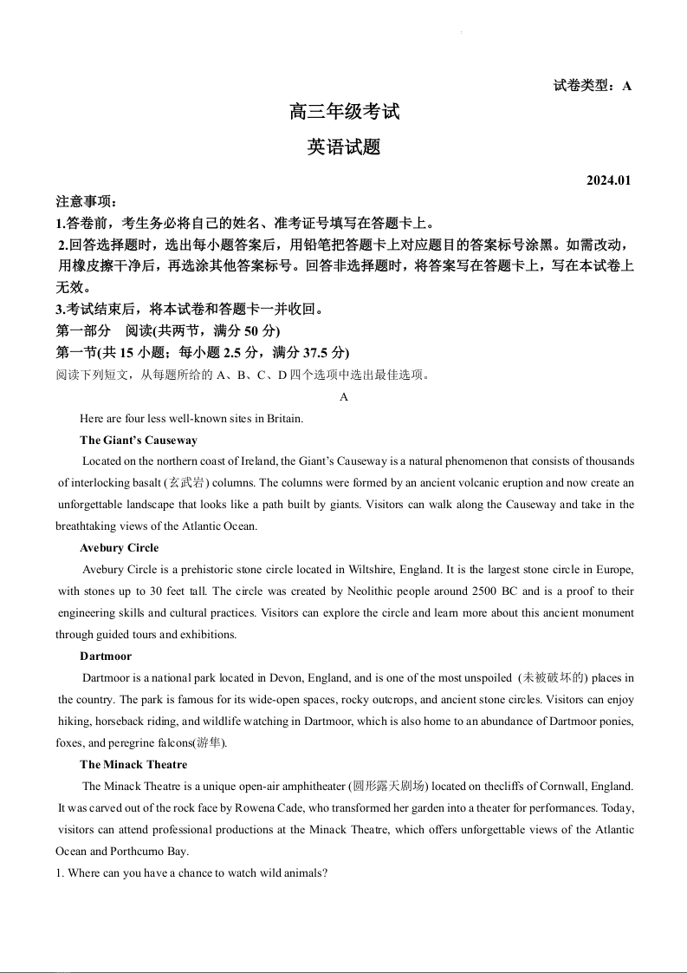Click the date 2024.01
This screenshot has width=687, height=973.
pyautogui.click(x=609, y=180)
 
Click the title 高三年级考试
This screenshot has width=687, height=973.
pyautogui.click(x=344, y=112)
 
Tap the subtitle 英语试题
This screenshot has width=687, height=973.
pyautogui.click(x=344, y=147)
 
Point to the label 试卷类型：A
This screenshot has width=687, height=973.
pyautogui.click(x=593, y=86)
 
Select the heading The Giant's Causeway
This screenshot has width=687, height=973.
pyautogui.click(x=139, y=440)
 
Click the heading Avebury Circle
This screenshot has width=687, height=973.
pyautogui.click(x=119, y=548)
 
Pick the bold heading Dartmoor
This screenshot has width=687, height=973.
pyautogui.click(x=106, y=656)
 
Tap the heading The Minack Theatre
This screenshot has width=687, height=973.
pyautogui.click(x=133, y=765)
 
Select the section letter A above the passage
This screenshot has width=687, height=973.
pyautogui.click(x=344, y=396)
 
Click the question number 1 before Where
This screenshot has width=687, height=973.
pyautogui.click(x=59, y=873)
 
